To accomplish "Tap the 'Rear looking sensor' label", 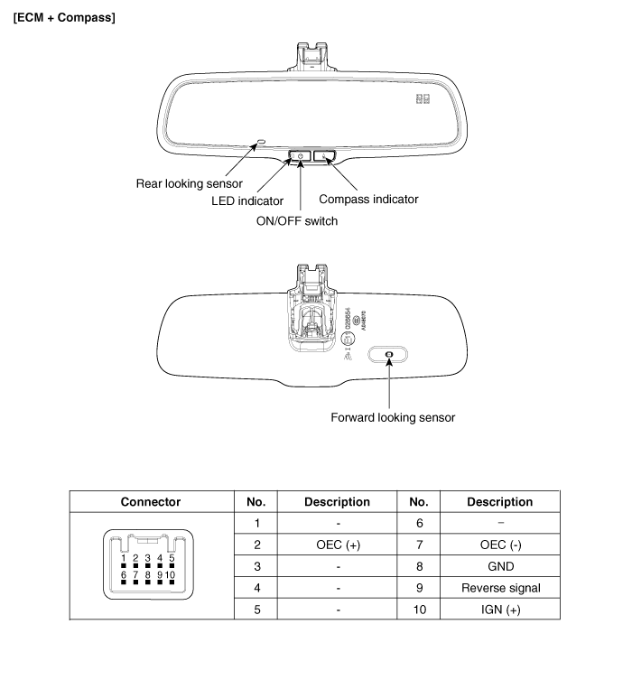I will click(189, 182).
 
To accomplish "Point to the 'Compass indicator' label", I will click(369, 199).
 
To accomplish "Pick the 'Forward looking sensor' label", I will click(394, 417).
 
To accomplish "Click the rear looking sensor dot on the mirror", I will click(261, 143).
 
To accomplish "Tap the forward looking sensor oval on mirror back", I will click(388, 356).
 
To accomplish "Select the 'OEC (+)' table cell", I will click(338, 545).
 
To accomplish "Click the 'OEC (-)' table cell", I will click(500, 545).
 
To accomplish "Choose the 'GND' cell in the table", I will click(500, 566).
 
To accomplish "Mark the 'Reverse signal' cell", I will click(500, 588).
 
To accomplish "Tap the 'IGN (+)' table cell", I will click(500, 610).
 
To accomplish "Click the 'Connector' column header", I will click(151, 501).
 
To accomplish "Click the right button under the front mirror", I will click(326, 157).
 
